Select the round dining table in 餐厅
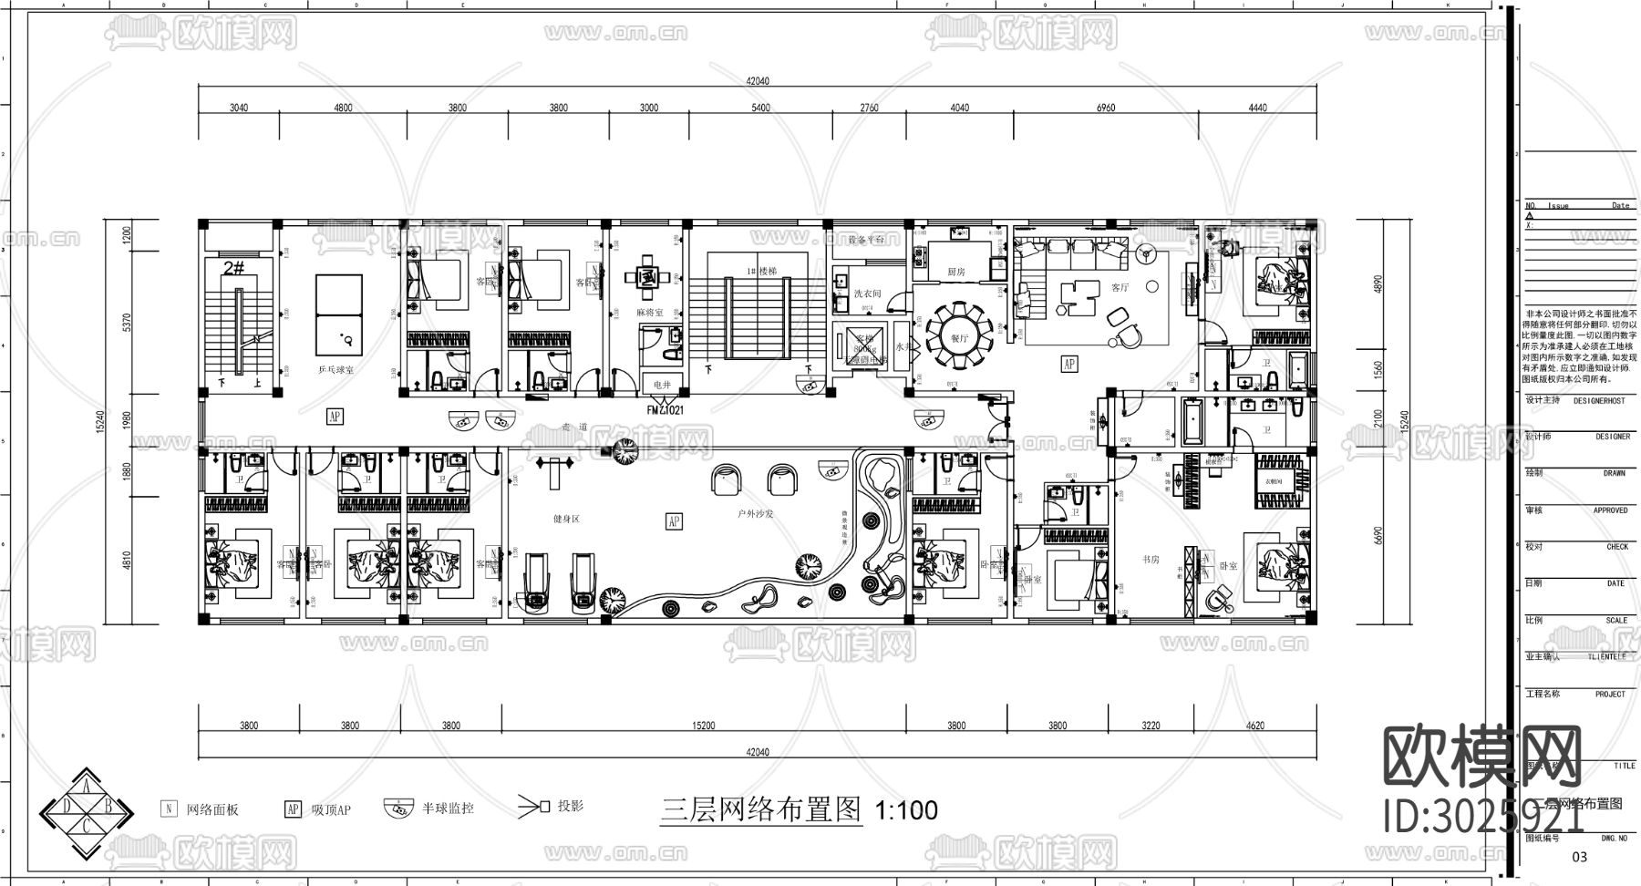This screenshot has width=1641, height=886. tap(958, 330)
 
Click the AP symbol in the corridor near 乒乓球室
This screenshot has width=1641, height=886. tap(335, 417)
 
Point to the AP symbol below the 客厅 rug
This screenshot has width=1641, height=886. tap(1068, 363)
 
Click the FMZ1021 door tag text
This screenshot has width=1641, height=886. tap(666, 410)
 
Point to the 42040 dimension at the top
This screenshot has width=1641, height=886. tap(758, 81)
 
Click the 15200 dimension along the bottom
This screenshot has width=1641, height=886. tap(703, 726)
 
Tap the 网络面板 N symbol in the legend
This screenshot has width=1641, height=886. tap(169, 809)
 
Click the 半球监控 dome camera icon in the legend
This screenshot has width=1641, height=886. tap(397, 809)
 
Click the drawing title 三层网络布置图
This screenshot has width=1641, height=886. tap(761, 809)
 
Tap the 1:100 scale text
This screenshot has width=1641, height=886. tap(906, 810)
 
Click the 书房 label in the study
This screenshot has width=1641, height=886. tap(1151, 560)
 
